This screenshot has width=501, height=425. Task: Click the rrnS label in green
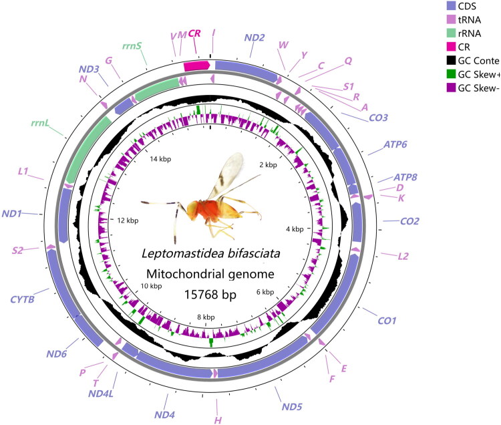pos(131,46)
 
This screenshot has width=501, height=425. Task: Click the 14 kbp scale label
pos(162,160)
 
